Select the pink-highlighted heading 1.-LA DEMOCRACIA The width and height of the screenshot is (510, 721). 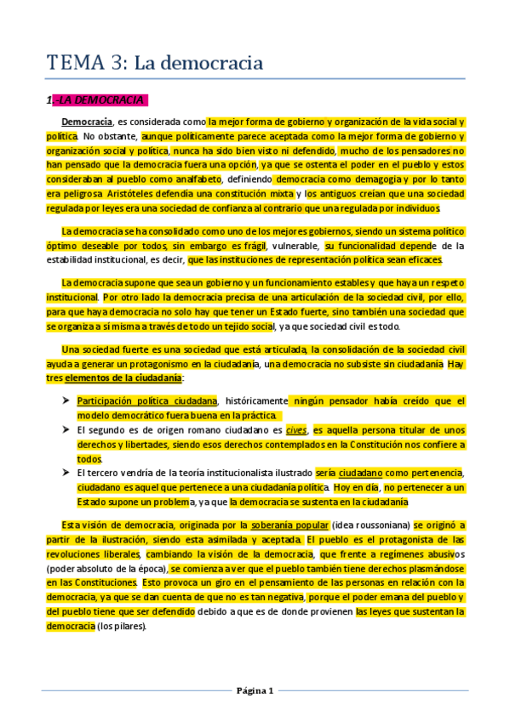coord(98,100)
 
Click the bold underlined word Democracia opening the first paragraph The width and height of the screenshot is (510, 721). coord(87,122)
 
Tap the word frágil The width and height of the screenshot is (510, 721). coord(257,247)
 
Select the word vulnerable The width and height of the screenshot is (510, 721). coord(296,247)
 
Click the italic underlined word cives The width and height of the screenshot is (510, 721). coord(296,430)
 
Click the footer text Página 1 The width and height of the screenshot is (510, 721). coord(255,690)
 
